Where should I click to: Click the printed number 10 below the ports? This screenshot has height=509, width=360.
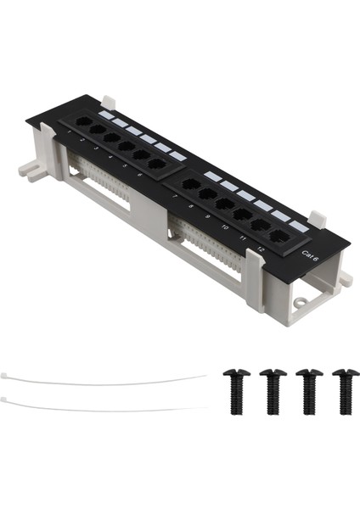[x=224, y=227]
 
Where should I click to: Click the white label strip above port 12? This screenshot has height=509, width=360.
[x=299, y=227]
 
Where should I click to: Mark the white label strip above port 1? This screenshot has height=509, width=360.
[x=106, y=114]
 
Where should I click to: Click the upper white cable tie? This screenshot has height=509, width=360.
[x=102, y=381]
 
